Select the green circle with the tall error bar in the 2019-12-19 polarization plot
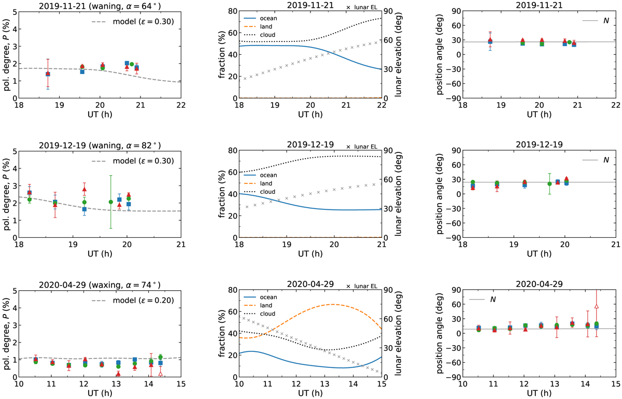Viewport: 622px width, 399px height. tap(110, 202)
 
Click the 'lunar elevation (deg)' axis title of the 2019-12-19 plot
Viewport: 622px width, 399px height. tap(400, 194)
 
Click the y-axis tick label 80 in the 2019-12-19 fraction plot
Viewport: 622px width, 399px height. tap(231, 151)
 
